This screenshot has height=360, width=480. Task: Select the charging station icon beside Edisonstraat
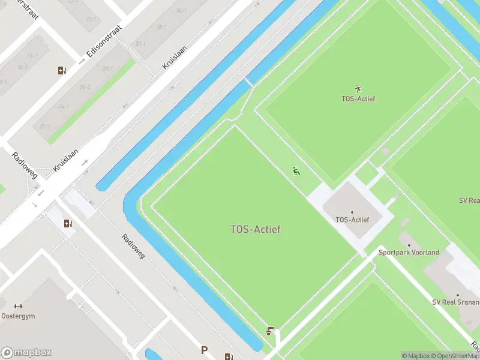click(x=62, y=71)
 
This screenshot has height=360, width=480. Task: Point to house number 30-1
click(x=140, y=43)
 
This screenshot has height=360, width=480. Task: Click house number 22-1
click(x=44, y=127)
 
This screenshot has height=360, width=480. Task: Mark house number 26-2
click(x=85, y=87)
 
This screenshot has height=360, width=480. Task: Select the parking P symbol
click(x=205, y=350)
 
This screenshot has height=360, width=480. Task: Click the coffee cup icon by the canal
click(x=271, y=331)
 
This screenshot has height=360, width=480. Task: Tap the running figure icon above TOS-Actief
click(x=359, y=89)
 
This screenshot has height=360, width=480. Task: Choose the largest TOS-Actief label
click(x=255, y=229)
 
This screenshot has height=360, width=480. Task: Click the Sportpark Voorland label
click(x=409, y=253)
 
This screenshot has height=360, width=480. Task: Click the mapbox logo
click(x=26, y=352)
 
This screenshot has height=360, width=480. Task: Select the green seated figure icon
click(x=296, y=171)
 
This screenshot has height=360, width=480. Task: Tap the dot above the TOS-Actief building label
click(x=352, y=212)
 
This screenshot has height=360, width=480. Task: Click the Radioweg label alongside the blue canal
click(x=134, y=247)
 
